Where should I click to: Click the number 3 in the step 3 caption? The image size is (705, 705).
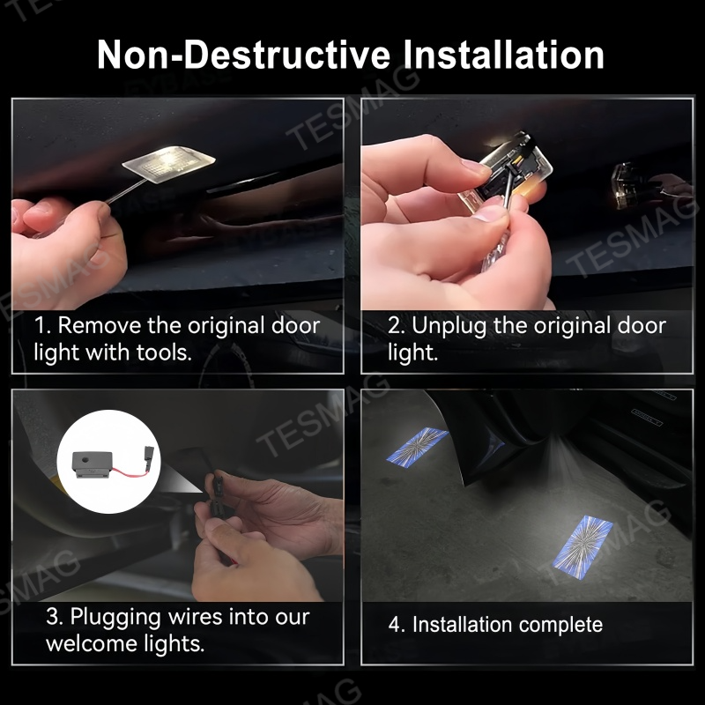[x=52, y=616]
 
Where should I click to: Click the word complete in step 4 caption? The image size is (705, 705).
[x=560, y=625]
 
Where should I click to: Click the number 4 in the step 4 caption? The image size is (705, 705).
[x=395, y=625]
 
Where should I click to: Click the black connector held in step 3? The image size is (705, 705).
[x=217, y=489]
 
